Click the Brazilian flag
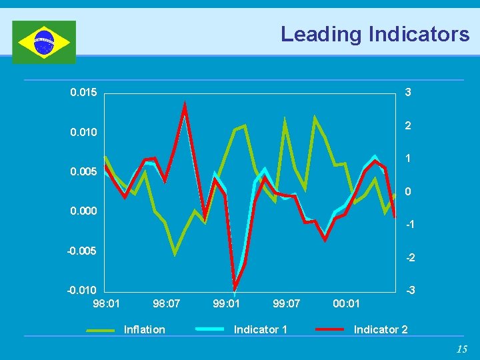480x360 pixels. [44, 42]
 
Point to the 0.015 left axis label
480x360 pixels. [83, 92]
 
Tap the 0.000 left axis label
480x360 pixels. [83, 211]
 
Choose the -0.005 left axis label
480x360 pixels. [82, 251]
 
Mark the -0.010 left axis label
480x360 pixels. [82, 291]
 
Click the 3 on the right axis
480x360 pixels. [408, 92]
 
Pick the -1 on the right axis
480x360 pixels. [411, 225]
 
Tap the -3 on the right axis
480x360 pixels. [411, 291]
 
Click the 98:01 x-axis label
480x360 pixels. [106, 304]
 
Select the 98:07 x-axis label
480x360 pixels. [166, 304]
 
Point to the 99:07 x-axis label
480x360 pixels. [287, 304]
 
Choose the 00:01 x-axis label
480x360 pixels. [347, 304]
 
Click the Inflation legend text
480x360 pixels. [145, 329]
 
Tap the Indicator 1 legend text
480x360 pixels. [261, 329]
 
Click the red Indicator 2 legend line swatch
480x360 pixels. [330, 329]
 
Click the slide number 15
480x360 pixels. [462, 349]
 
